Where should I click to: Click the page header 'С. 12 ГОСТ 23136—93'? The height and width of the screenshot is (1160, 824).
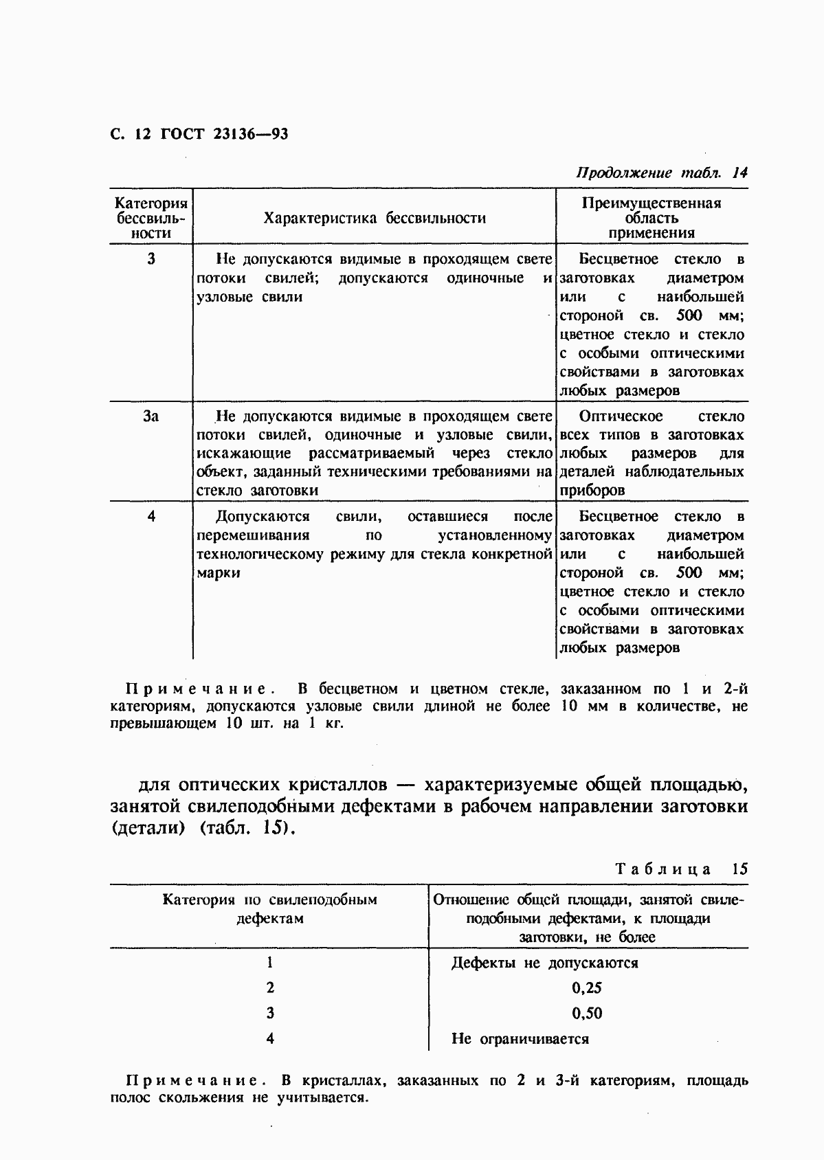coord(199,133)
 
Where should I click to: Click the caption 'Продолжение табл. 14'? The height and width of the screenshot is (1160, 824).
coord(661,172)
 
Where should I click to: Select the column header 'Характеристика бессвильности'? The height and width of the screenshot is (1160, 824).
coord(375,219)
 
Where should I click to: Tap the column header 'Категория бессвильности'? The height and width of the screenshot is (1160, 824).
coord(151,219)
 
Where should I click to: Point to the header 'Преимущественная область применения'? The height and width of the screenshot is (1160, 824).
coord(651,218)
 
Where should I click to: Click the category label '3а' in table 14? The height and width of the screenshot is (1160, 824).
coord(151,416)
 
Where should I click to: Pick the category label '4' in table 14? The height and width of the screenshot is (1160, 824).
coord(151,517)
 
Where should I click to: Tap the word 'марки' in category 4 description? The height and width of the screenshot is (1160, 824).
coord(219,573)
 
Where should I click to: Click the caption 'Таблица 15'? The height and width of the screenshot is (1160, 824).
coord(681,869)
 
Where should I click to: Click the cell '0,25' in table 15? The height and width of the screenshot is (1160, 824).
coord(586,988)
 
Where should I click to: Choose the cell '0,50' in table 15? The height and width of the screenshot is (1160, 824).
coord(586,1014)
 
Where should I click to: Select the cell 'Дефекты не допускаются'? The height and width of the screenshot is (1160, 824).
coord(544,963)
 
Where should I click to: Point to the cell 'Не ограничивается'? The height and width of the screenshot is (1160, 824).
coord(520,1039)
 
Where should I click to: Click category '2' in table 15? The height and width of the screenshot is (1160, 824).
coord(270,988)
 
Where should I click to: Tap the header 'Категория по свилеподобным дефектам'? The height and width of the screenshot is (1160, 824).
coord(269,909)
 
